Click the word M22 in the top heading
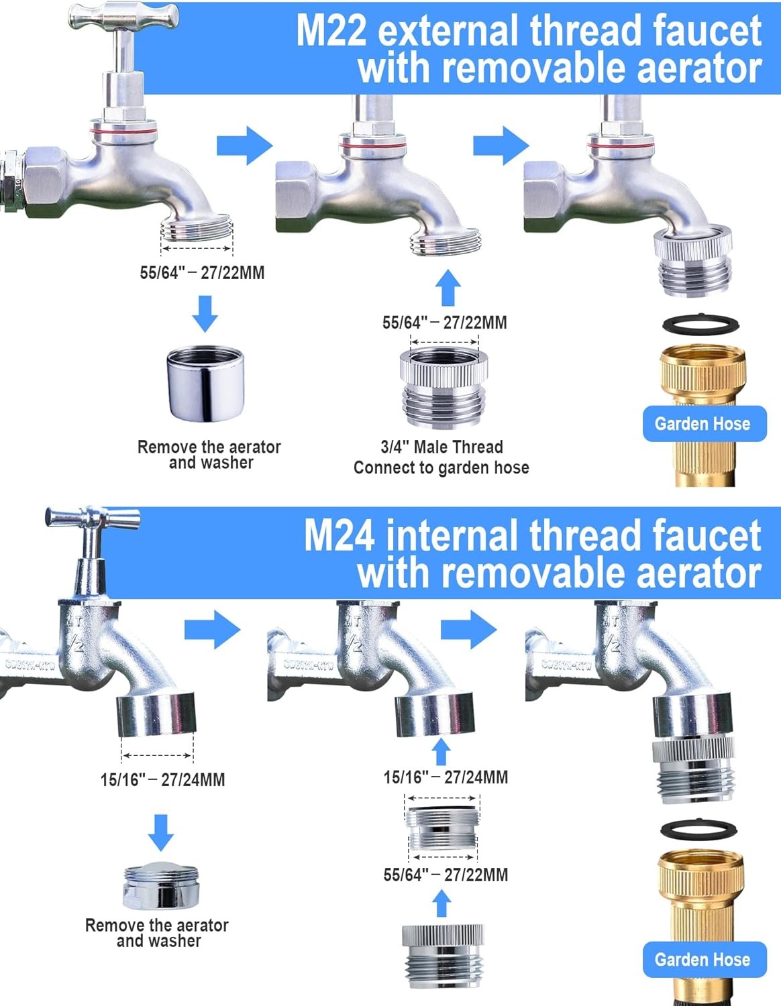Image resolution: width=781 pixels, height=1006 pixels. point(331,32)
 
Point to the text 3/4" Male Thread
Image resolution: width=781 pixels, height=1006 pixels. point(441,447)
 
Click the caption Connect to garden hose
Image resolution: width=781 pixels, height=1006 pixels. point(441,467)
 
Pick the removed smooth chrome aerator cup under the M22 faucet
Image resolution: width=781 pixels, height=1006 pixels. point(205,384)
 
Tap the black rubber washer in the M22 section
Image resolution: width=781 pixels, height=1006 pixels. point(700,324)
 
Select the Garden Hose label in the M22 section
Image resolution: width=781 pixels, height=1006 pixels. point(702,424)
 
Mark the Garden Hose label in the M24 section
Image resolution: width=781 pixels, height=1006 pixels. point(702,960)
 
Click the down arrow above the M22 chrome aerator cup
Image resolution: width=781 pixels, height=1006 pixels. point(205,313)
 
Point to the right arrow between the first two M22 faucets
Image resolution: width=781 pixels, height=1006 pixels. point(244,146)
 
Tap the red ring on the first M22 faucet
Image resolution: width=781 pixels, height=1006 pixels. point(123,131)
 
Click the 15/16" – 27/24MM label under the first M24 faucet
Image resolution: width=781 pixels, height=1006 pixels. point(163,779)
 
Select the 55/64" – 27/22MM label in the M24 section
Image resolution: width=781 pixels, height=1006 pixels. point(446,875)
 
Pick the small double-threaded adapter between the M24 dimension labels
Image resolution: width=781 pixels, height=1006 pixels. point(442,828)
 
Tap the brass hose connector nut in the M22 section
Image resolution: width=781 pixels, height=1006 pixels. point(702,371)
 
